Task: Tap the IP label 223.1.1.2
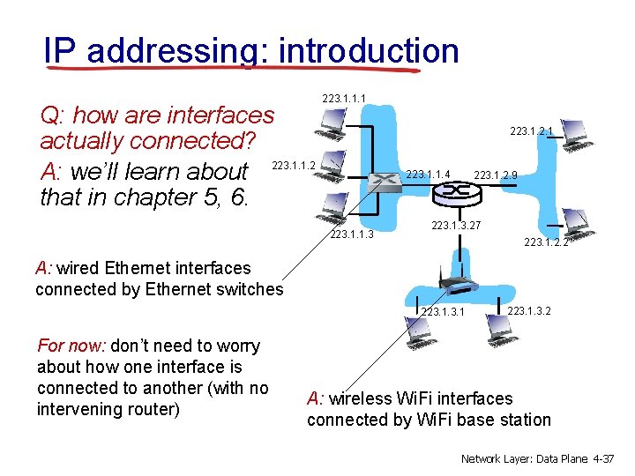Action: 294,165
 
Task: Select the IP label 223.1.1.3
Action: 352,234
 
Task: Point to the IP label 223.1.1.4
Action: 428,175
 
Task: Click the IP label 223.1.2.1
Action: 532,131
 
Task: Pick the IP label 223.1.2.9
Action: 496,175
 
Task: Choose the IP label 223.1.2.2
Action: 546,242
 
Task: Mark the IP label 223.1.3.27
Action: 456,227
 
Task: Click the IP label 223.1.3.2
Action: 529,310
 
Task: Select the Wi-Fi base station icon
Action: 458,284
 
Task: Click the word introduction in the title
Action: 368,50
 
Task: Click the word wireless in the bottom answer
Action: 362,398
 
